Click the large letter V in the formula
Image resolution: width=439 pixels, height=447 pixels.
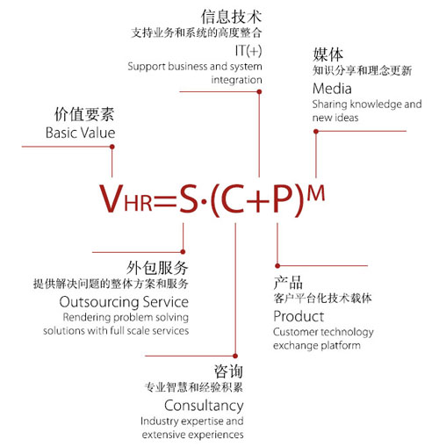[112, 198]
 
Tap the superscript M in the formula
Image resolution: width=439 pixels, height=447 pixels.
[316, 193]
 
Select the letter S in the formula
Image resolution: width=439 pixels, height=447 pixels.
[189, 198]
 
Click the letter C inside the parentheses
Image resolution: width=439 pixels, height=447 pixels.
[233, 198]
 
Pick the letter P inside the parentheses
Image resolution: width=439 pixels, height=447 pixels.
[283, 198]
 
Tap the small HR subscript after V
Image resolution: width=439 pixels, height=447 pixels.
[138, 202]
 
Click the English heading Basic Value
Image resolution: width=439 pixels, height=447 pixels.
[81, 133]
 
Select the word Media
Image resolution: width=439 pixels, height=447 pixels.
[332, 89]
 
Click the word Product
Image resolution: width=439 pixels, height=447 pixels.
[299, 316]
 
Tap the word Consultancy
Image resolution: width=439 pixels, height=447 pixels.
[204, 406]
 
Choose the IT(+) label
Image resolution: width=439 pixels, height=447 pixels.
[248, 51]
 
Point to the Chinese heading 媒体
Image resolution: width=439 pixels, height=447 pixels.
[327, 54]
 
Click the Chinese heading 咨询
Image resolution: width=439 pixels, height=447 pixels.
[228, 371]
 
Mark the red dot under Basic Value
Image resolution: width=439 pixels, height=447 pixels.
[112, 147]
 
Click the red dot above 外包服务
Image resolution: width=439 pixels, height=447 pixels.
[183, 252]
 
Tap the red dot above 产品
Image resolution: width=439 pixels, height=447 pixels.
[277, 266]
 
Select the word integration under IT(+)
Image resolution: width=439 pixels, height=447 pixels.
[236, 80]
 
